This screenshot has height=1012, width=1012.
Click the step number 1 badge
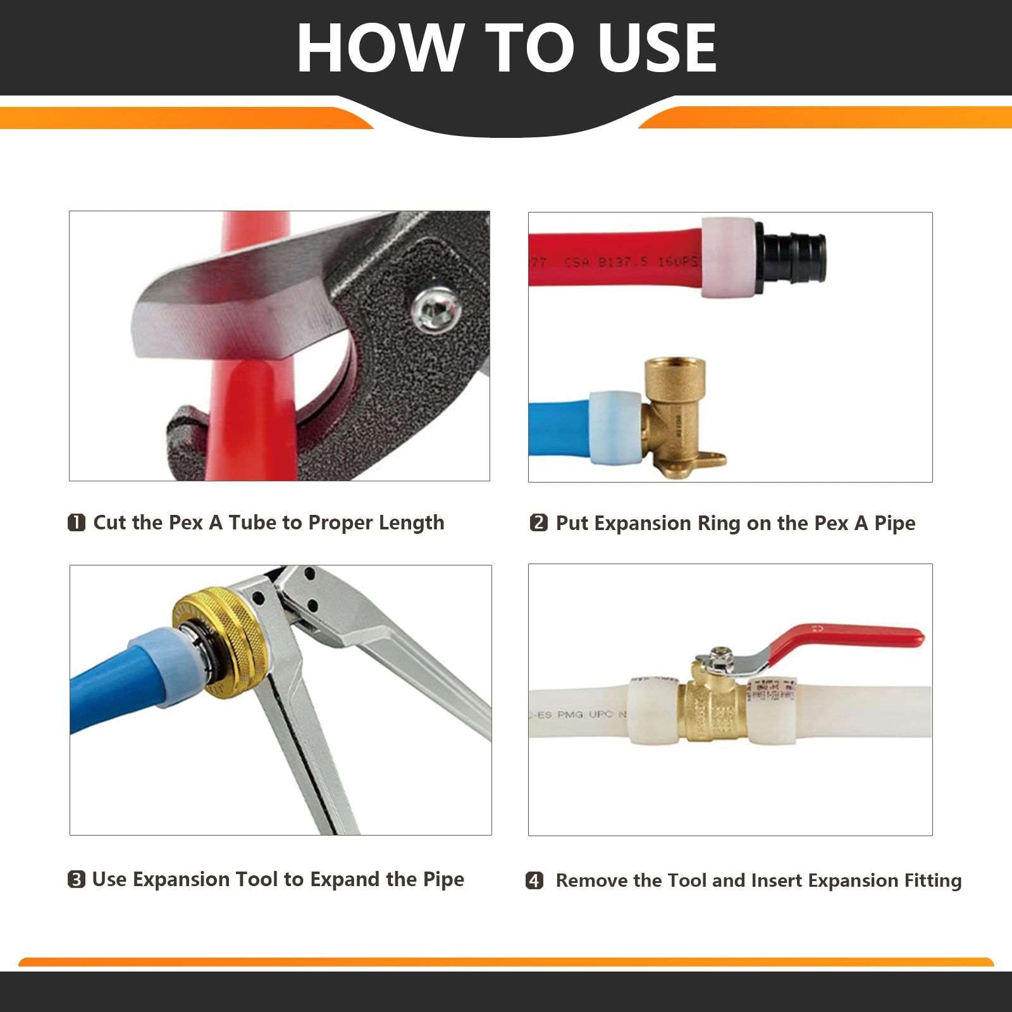[76, 522]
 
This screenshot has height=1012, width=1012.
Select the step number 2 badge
[538, 523]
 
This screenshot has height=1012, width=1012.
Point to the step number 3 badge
[76, 879]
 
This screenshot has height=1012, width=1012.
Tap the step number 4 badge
[534, 880]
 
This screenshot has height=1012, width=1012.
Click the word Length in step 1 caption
[411, 523]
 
